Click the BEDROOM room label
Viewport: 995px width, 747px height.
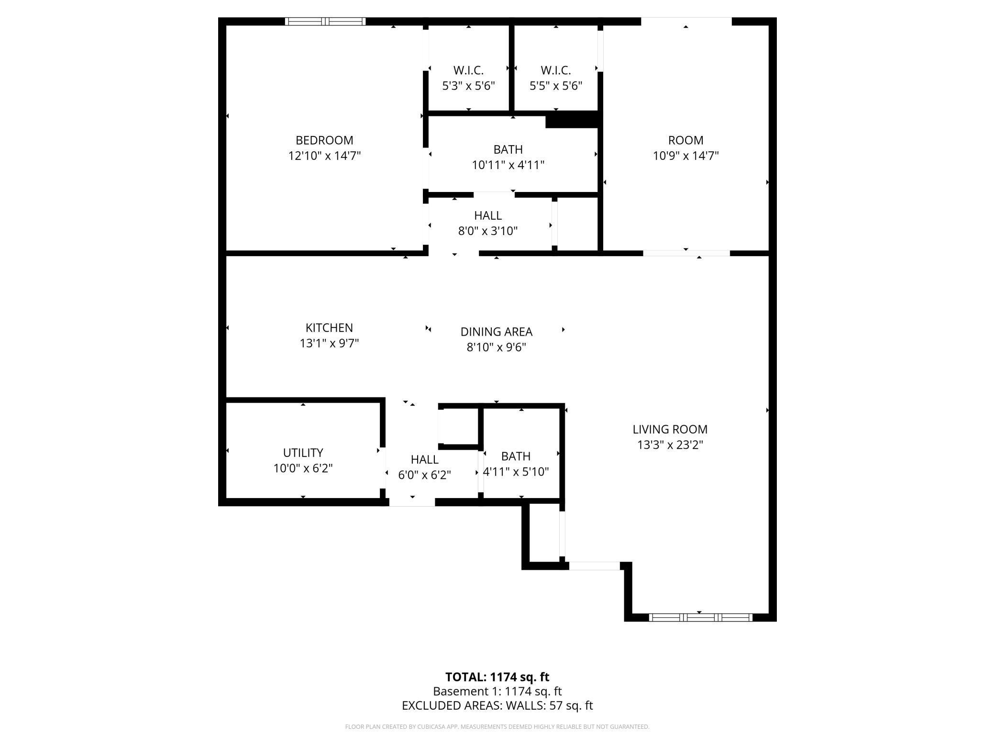pos(324,140)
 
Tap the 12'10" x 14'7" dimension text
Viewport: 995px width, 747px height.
pos(324,156)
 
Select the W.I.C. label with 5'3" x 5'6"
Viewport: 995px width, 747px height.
pos(468,70)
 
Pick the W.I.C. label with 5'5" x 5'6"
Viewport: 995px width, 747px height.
pos(556,70)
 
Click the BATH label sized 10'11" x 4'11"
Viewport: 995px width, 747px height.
pos(508,149)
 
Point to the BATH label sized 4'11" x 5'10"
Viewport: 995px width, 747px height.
pos(516,456)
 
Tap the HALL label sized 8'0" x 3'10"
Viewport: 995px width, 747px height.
pos(488,215)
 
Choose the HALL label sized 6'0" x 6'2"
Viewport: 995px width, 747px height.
pos(424,460)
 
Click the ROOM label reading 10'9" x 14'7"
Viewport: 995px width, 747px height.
pos(685,140)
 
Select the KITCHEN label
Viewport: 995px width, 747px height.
pos(329,328)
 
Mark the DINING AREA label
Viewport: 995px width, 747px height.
pos(496,332)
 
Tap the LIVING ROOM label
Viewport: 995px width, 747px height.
pos(670,430)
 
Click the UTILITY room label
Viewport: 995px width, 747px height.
pos(303,453)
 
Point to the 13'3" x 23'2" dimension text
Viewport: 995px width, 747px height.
pos(670,445)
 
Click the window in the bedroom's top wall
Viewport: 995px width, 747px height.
pos(325,22)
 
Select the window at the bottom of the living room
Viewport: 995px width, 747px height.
pos(700,618)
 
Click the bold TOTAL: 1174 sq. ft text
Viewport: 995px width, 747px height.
pos(497,677)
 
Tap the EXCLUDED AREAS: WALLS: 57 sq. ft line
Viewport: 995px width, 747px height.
pos(497,705)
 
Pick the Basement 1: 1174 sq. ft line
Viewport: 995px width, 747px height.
pos(497,691)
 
